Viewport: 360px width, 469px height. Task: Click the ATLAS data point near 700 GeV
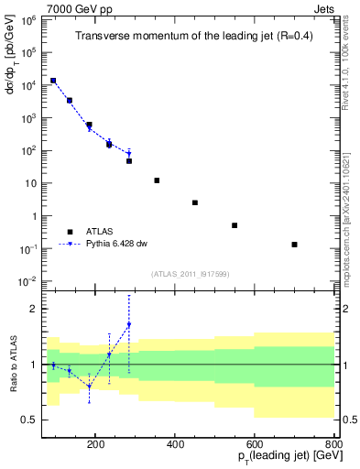coord(294,245)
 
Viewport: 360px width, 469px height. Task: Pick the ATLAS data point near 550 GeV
coord(235,225)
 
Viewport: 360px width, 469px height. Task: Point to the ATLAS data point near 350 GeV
coord(157,180)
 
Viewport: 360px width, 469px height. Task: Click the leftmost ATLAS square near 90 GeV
coord(54,81)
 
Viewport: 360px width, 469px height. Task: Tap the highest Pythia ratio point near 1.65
coord(128,324)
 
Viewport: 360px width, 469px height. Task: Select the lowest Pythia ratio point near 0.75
coord(89,387)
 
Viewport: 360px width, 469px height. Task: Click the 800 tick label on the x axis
coord(333,442)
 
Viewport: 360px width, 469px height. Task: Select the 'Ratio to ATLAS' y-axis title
coord(12,364)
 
